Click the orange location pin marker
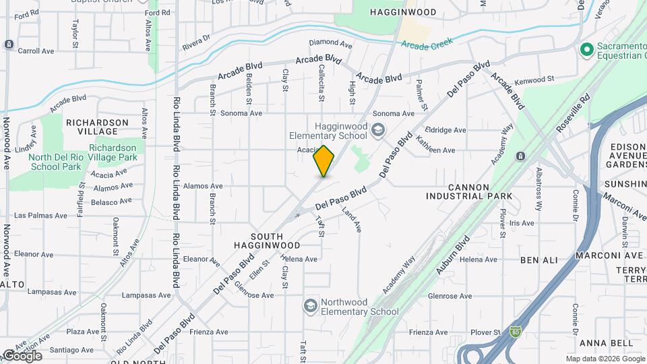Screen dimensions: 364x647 (x=324, y=161)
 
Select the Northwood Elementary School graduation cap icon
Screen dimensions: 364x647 (x=310, y=306)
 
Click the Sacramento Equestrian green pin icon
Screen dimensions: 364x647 (x=586, y=49)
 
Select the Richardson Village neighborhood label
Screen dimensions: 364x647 (x=97, y=127)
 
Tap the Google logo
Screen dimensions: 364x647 (x=22, y=356)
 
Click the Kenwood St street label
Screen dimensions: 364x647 (x=534, y=80)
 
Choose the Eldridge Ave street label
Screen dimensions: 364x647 (x=445, y=130)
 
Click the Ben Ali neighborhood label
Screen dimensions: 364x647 (x=538, y=260)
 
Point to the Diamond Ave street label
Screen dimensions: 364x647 (x=330, y=44)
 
